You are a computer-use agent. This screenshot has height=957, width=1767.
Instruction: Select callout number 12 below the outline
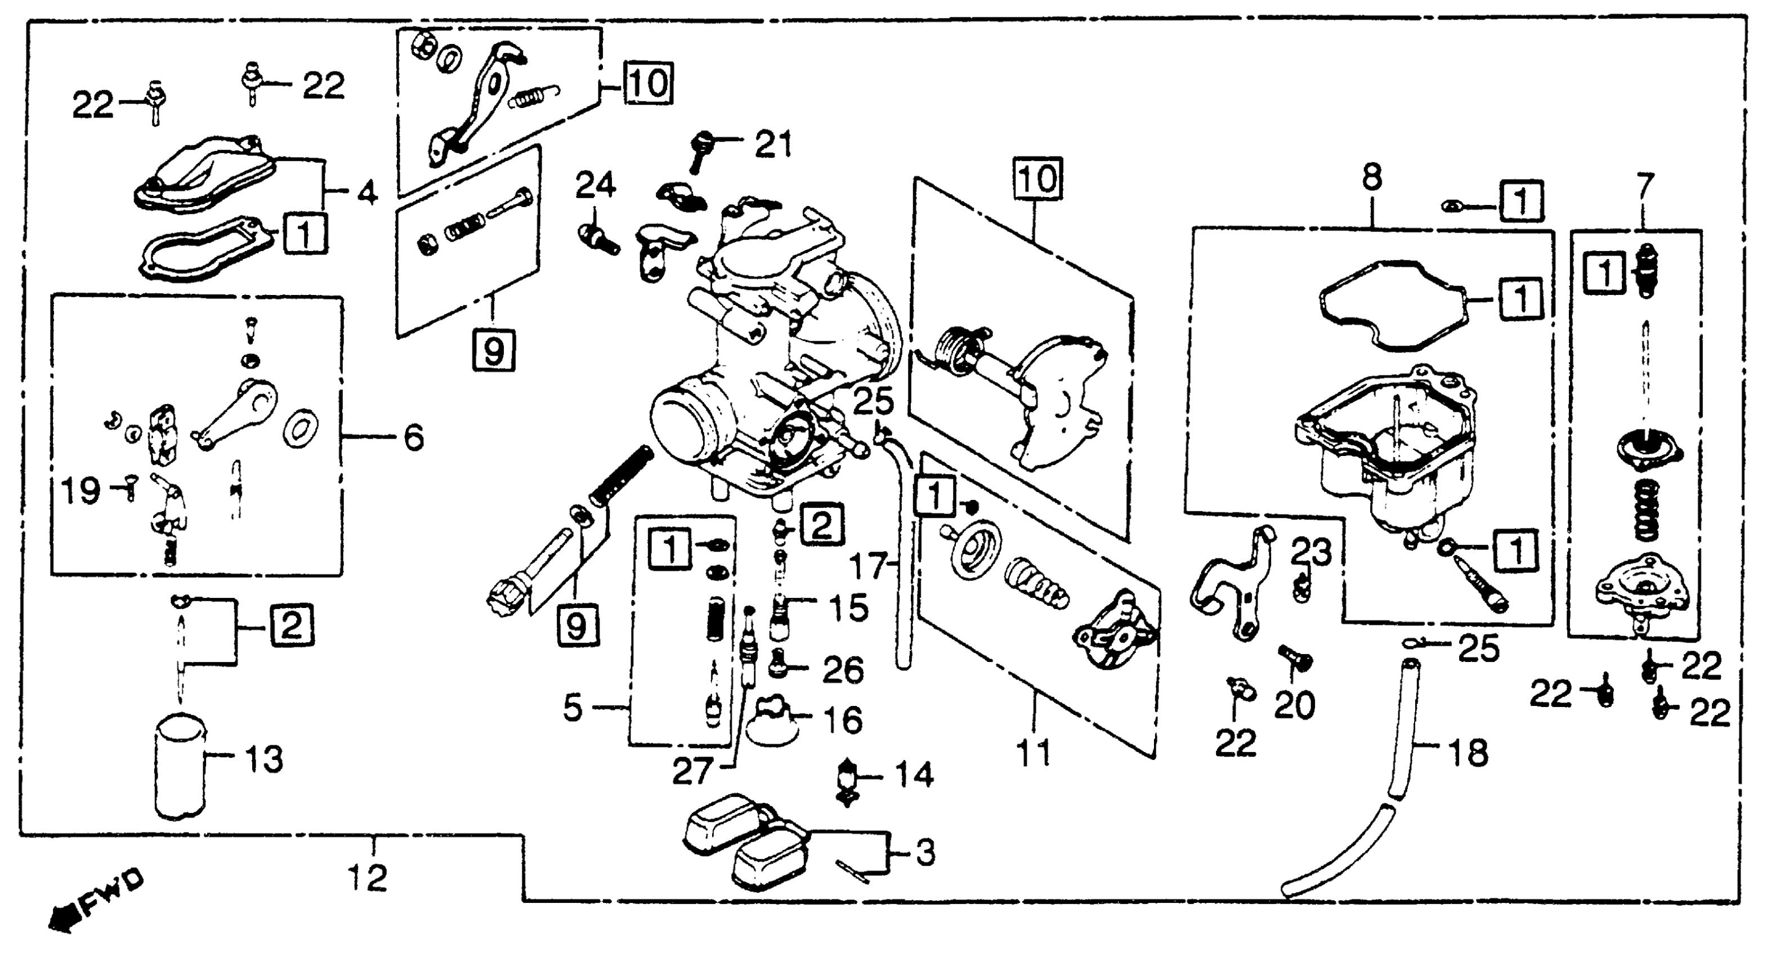(x=367, y=878)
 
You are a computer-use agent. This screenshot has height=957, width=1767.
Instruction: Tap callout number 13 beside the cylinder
(x=263, y=759)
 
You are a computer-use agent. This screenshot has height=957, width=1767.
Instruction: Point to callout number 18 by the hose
(x=1468, y=753)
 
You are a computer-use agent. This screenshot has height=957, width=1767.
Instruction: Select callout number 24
(x=596, y=185)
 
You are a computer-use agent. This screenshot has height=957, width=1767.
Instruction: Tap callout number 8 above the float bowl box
(x=1371, y=178)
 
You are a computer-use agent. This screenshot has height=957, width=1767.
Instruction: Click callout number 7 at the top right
(x=1644, y=185)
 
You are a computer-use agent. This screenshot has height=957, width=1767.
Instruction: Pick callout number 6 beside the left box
(x=413, y=437)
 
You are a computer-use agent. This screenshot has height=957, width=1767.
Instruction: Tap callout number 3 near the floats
(x=925, y=853)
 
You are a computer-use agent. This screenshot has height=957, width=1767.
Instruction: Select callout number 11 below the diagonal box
(x=1033, y=754)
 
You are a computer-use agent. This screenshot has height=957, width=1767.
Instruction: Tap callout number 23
(x=1311, y=551)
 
